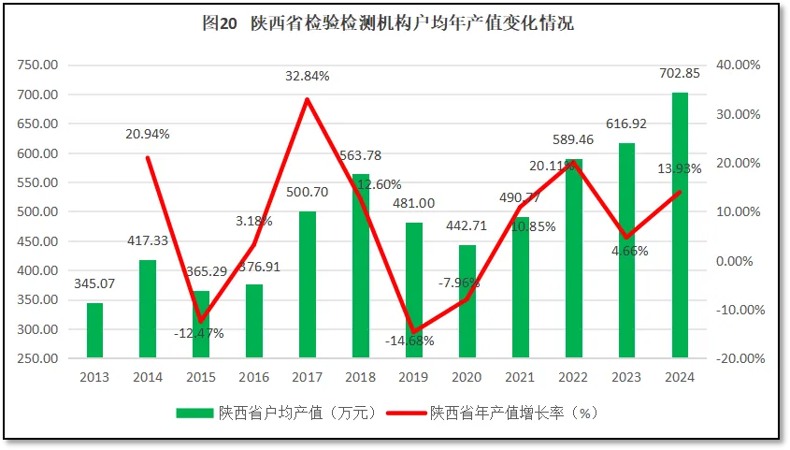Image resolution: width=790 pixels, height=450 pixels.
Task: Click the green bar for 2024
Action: [x=680, y=225]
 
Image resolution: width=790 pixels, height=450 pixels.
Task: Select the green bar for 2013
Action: [x=94, y=330]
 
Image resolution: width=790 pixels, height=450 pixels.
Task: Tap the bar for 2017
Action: [x=308, y=284]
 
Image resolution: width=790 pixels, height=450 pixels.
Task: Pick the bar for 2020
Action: [x=467, y=301]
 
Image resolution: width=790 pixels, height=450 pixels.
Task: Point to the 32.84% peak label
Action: [x=308, y=77]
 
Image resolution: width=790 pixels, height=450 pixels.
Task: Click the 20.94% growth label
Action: [x=148, y=134]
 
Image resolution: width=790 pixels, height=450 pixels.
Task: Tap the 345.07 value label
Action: [x=94, y=282]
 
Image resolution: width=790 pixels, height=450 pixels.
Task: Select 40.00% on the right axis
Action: [x=739, y=65]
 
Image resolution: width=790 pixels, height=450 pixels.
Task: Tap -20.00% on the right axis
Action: [x=739, y=358]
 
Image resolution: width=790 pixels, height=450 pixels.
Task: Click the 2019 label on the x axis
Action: [x=414, y=377]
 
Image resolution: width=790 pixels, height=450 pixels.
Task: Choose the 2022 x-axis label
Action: [x=574, y=377]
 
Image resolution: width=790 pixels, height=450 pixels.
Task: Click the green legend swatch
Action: [x=194, y=412]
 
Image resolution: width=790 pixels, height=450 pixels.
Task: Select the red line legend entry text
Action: [x=512, y=412]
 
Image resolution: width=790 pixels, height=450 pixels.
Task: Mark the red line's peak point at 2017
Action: [x=308, y=99]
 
